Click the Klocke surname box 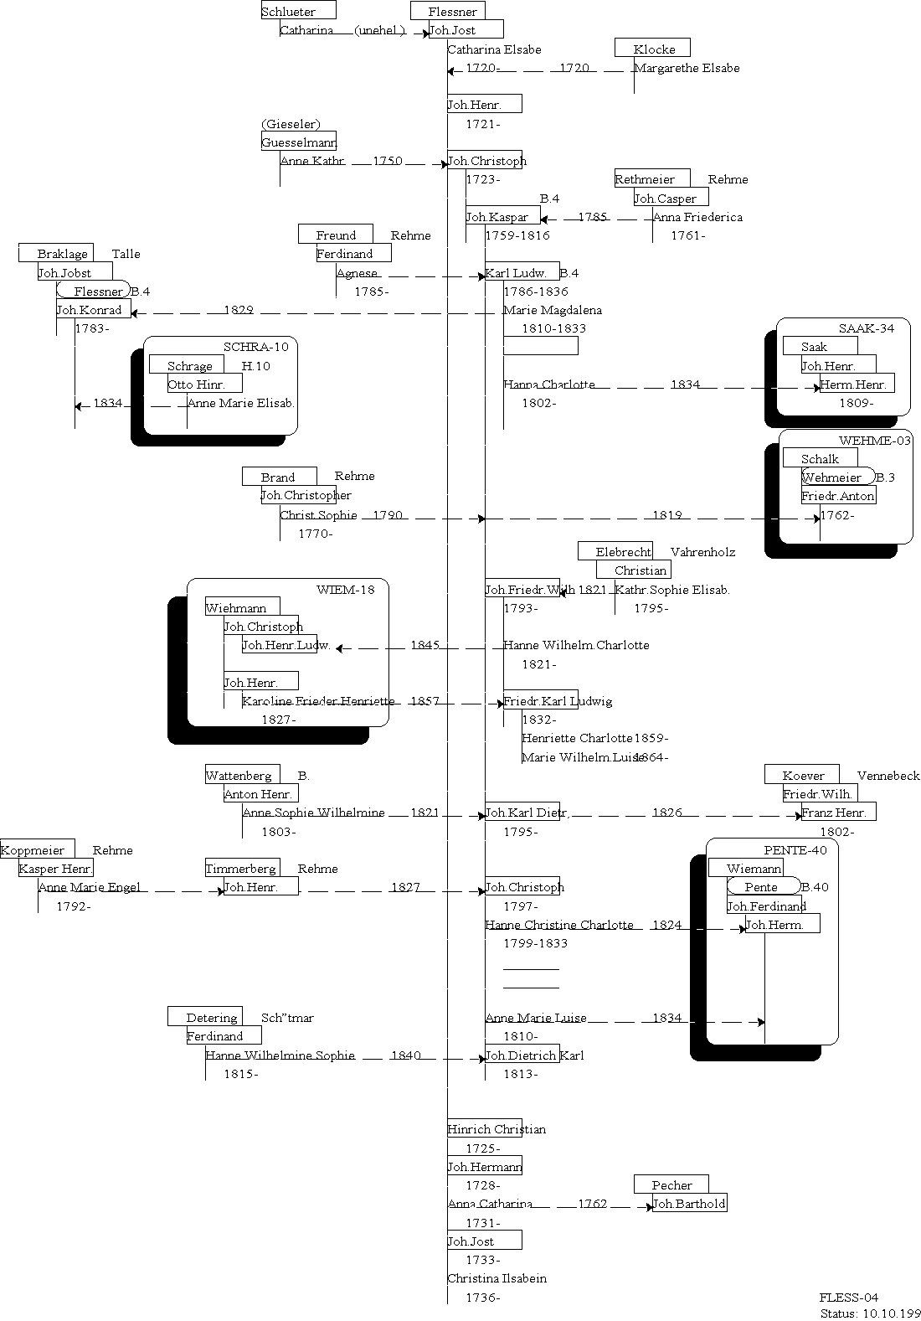tap(653, 49)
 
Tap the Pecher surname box tap(671, 1184)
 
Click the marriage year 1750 tap(387, 161)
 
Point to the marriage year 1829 tap(239, 310)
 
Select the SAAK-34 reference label tap(867, 328)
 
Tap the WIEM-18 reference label tap(346, 589)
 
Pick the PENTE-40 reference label tap(795, 850)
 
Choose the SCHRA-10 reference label tap(255, 347)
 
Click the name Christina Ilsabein tap(497, 1278)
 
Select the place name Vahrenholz tap(702, 552)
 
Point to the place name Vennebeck tap(888, 776)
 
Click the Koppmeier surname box tap(33, 849)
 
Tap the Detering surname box tap(211, 1017)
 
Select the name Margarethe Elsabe tap(687, 68)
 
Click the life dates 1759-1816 tap(517, 235)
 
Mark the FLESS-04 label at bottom tap(849, 1298)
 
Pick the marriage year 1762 tap(592, 1204)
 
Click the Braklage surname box tap(62, 254)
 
